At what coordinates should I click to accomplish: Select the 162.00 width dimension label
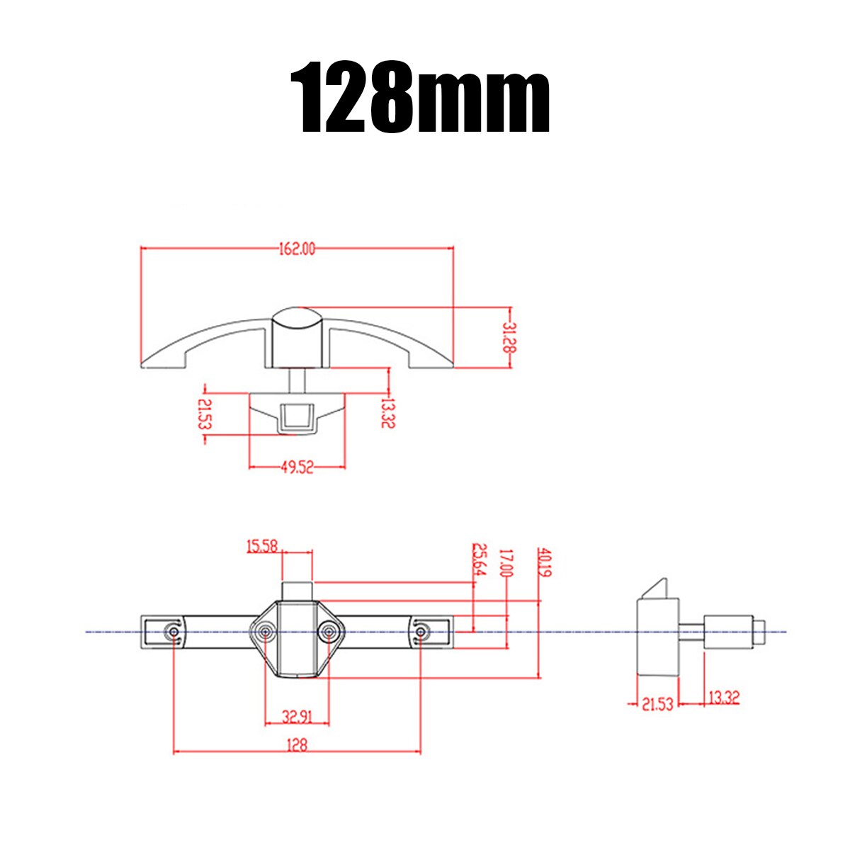click(x=295, y=249)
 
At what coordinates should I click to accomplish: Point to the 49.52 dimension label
click(x=297, y=468)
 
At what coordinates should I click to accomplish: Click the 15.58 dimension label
click(x=261, y=546)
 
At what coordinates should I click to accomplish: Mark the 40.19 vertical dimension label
click(x=544, y=562)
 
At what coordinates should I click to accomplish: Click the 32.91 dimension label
click(x=297, y=717)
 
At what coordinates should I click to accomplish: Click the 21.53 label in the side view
click(x=657, y=705)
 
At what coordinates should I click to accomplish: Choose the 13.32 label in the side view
click(x=723, y=698)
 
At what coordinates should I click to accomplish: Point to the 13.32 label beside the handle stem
click(x=387, y=412)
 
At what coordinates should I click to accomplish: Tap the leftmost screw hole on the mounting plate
click(x=173, y=632)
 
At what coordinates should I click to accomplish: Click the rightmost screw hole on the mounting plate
click(x=421, y=631)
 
